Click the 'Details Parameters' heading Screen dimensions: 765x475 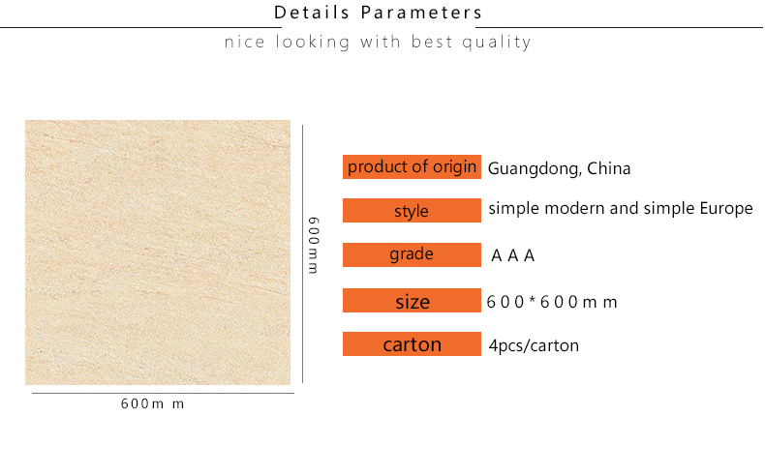click(378, 13)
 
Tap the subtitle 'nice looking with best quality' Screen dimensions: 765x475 click(378, 42)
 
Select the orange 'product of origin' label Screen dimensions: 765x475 click(412, 166)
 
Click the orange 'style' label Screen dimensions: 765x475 click(412, 211)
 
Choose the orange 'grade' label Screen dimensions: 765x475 click(412, 254)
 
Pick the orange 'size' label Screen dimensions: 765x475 click(412, 301)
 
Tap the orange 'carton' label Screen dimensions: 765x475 click(412, 344)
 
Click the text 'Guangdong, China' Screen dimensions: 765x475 click(559, 168)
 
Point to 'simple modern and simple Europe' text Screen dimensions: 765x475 click(621, 209)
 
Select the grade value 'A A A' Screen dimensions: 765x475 click(513, 255)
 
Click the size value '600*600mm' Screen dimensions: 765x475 click(552, 302)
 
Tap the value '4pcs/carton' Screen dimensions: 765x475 click(534, 345)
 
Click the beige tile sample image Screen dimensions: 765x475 click(158, 252)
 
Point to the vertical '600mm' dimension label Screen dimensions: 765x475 click(313, 246)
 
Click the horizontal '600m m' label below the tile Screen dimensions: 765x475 click(153, 403)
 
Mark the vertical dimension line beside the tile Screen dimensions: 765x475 click(302, 253)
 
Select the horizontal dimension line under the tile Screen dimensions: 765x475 click(163, 393)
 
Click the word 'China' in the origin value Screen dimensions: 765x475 click(609, 168)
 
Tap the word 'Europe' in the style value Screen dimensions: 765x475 click(726, 209)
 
